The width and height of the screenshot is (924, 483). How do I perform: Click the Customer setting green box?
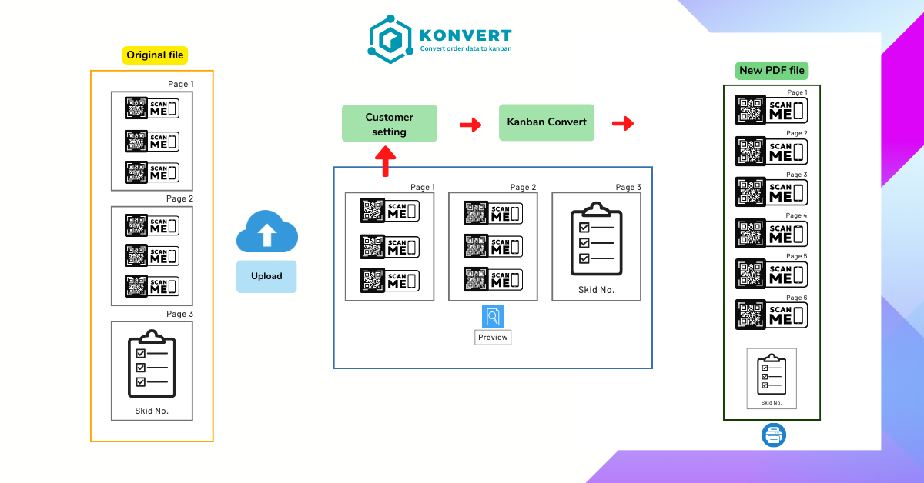[x=389, y=123]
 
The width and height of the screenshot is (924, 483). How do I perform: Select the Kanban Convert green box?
[x=547, y=122]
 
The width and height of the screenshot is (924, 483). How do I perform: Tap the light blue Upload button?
[x=266, y=276]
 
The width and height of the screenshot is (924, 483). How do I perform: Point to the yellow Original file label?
[x=156, y=55]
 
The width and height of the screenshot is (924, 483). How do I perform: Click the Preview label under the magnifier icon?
[x=493, y=337]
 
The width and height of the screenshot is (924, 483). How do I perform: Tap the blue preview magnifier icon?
[x=493, y=317]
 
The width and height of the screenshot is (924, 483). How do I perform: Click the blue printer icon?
[x=773, y=435]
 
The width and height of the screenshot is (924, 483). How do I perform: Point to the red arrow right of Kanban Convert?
[x=623, y=123]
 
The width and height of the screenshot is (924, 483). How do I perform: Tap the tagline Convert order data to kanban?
[x=465, y=48]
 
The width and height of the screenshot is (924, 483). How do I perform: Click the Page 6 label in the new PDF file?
[x=796, y=297]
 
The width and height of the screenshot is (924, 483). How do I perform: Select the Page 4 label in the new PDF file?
[x=796, y=215]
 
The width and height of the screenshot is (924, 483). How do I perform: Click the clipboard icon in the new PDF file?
[x=772, y=375]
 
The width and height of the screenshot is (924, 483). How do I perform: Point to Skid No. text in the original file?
[x=152, y=411]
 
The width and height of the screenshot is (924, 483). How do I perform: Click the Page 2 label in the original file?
[x=179, y=199]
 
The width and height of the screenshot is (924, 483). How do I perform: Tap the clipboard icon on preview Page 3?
[x=596, y=239]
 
